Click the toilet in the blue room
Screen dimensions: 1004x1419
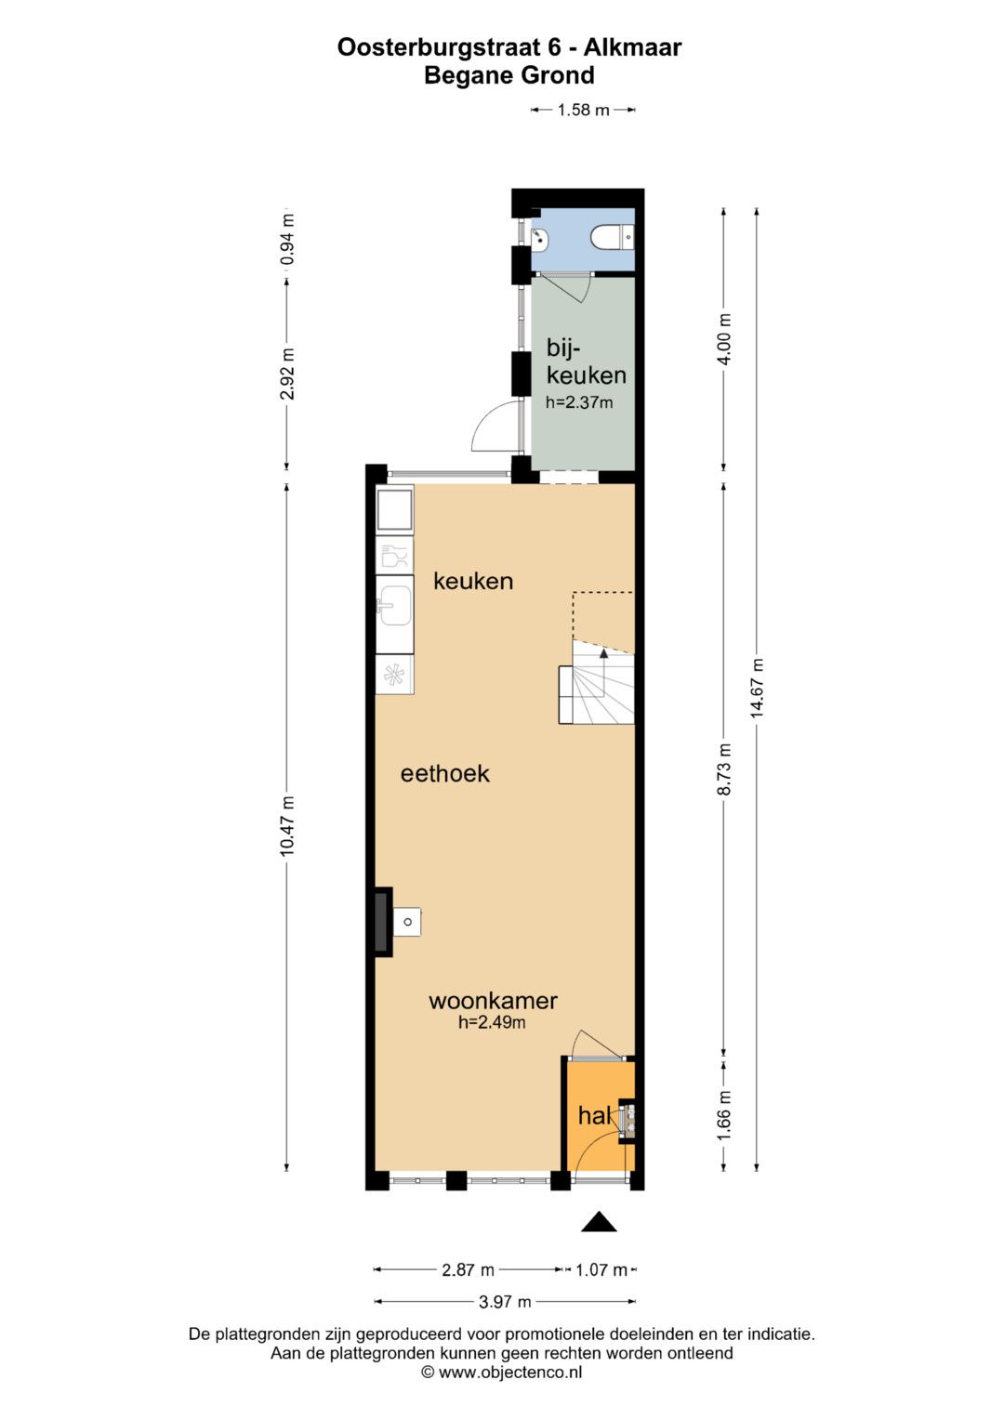pyautogui.click(x=613, y=238)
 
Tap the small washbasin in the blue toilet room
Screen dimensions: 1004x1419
pyautogui.click(x=541, y=239)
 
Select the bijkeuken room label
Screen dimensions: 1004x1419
pyautogui.click(x=586, y=361)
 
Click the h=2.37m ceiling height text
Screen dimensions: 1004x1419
pyautogui.click(x=578, y=401)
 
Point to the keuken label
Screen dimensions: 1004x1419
pyautogui.click(x=473, y=581)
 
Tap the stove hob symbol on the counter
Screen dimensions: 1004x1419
pyautogui.click(x=395, y=675)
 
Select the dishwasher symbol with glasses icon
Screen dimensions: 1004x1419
pyautogui.click(x=395, y=556)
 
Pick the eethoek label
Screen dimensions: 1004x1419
pyautogui.click(x=445, y=773)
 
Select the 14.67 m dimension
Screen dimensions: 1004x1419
pyautogui.click(x=757, y=688)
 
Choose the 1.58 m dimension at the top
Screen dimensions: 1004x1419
pyautogui.click(x=583, y=111)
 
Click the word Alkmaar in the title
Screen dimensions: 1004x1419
pyautogui.click(x=632, y=47)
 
